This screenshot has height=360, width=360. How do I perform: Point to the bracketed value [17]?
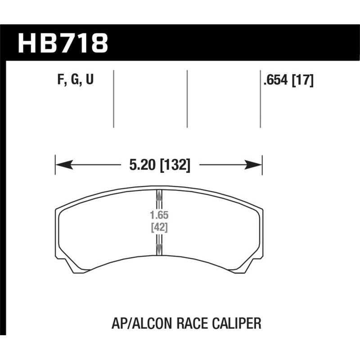(x=302, y=81)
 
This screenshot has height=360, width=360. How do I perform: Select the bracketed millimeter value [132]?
(x=175, y=166)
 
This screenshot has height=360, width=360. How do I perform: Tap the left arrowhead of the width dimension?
(x=61, y=165)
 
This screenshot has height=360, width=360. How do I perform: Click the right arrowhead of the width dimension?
(x=256, y=165)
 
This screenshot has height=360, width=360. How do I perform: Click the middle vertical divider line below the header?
(x=187, y=99)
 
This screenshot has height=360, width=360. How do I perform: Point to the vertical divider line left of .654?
(x=261, y=99)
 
